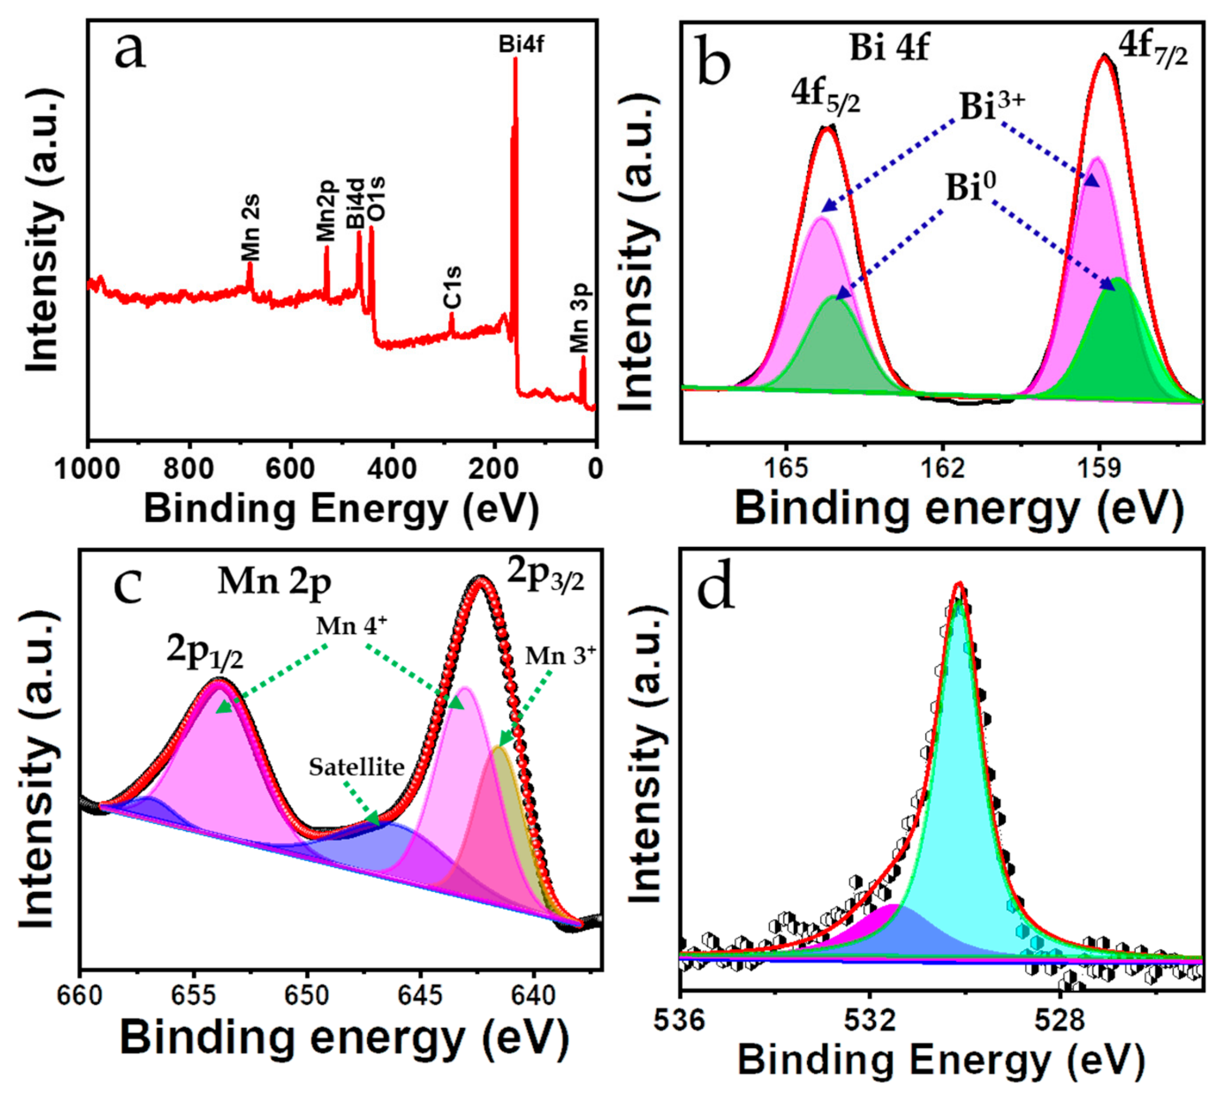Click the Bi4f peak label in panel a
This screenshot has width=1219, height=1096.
[x=521, y=45]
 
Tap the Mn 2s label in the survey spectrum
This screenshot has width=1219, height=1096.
[x=250, y=228]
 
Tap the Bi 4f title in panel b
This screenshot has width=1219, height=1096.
[x=889, y=48]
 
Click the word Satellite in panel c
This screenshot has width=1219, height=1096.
[x=356, y=767]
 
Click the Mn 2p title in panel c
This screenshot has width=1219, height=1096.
[x=275, y=583]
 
